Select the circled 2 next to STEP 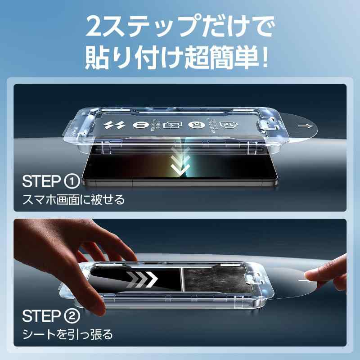72,316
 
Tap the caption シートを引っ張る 67,334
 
